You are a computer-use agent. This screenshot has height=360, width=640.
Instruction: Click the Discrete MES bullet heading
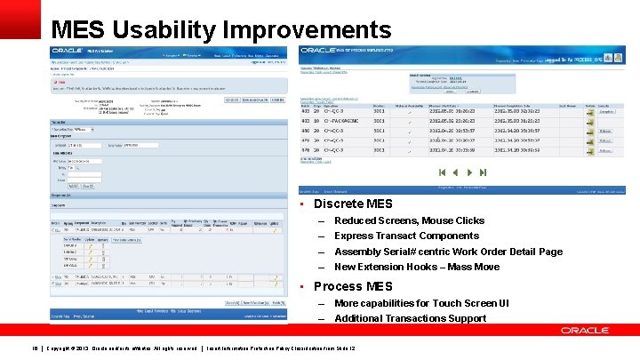(353, 204)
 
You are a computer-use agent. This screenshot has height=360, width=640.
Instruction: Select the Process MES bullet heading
(353, 286)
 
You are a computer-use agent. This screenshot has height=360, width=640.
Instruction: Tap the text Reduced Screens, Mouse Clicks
(409, 220)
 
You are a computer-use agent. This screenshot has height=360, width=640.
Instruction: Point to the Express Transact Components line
(406, 236)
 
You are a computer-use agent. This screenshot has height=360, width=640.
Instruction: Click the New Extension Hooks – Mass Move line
(416, 267)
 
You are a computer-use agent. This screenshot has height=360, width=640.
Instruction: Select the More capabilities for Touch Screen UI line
(421, 303)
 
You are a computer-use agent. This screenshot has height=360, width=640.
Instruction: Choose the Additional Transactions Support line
(410, 318)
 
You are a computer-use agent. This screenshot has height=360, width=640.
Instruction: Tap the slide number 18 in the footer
(35, 347)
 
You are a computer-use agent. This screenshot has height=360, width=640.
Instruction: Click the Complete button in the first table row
(606, 112)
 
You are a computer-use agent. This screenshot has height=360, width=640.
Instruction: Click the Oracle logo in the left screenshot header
(68, 52)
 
